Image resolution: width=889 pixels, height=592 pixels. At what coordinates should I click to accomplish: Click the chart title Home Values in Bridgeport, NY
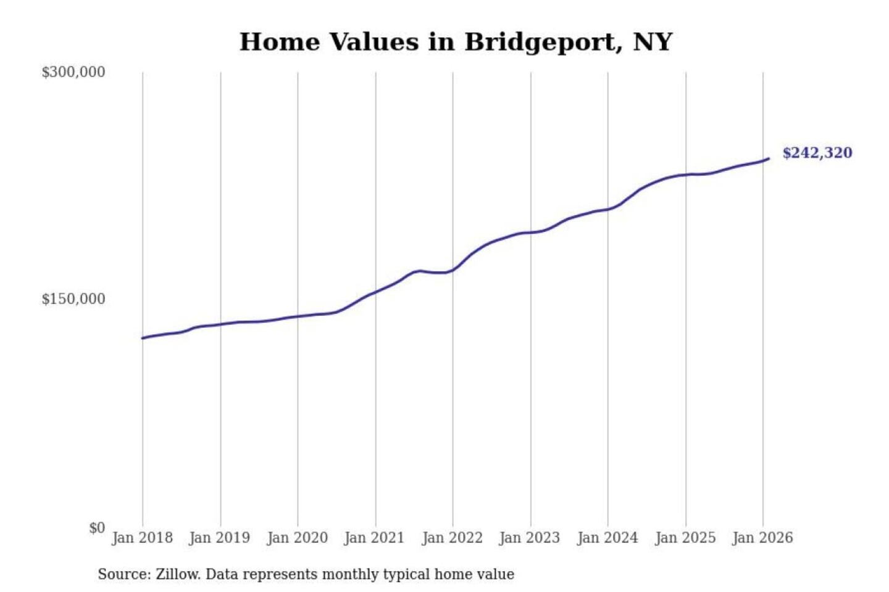click(456, 42)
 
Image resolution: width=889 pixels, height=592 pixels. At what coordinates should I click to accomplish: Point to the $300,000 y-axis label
click(73, 72)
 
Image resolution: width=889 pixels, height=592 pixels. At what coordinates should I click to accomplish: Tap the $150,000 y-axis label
click(73, 299)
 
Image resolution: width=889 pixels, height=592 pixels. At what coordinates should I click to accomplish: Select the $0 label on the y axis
click(97, 528)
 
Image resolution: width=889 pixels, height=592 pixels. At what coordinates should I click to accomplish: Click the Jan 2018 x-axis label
click(142, 538)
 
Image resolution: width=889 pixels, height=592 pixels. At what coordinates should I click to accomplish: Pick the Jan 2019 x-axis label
click(219, 538)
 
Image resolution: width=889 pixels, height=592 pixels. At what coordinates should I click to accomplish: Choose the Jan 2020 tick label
click(297, 538)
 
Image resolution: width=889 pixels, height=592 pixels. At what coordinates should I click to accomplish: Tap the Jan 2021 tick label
click(374, 538)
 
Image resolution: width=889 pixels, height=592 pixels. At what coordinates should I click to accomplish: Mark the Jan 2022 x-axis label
click(452, 538)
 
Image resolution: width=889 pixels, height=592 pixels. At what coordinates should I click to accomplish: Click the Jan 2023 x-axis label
click(529, 538)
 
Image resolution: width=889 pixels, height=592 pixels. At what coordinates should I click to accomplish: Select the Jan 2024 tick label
click(607, 538)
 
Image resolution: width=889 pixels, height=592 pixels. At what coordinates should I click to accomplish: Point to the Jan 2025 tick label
click(685, 538)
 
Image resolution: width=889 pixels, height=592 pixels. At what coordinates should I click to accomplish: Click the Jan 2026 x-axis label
click(762, 538)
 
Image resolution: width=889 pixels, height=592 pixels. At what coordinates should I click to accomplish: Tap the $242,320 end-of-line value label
click(817, 153)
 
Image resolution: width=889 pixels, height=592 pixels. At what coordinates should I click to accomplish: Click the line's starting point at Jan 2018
click(143, 338)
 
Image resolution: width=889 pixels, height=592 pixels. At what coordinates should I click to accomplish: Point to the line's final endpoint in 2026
click(769, 158)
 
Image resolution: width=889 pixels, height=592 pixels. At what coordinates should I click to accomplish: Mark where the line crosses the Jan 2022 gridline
click(453, 270)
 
